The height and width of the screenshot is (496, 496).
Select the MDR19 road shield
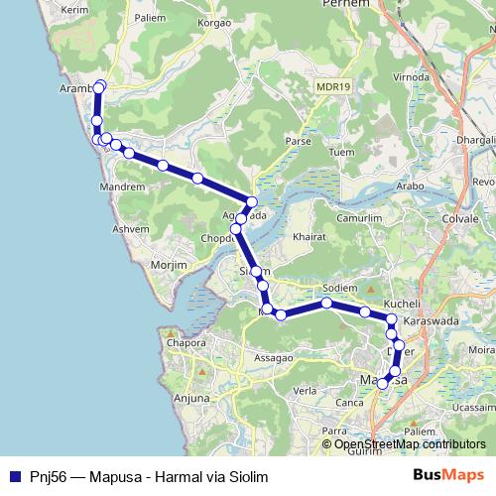[x=333, y=87]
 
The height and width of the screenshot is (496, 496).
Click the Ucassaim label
[x=471, y=407]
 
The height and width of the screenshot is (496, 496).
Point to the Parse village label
[x=299, y=141]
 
